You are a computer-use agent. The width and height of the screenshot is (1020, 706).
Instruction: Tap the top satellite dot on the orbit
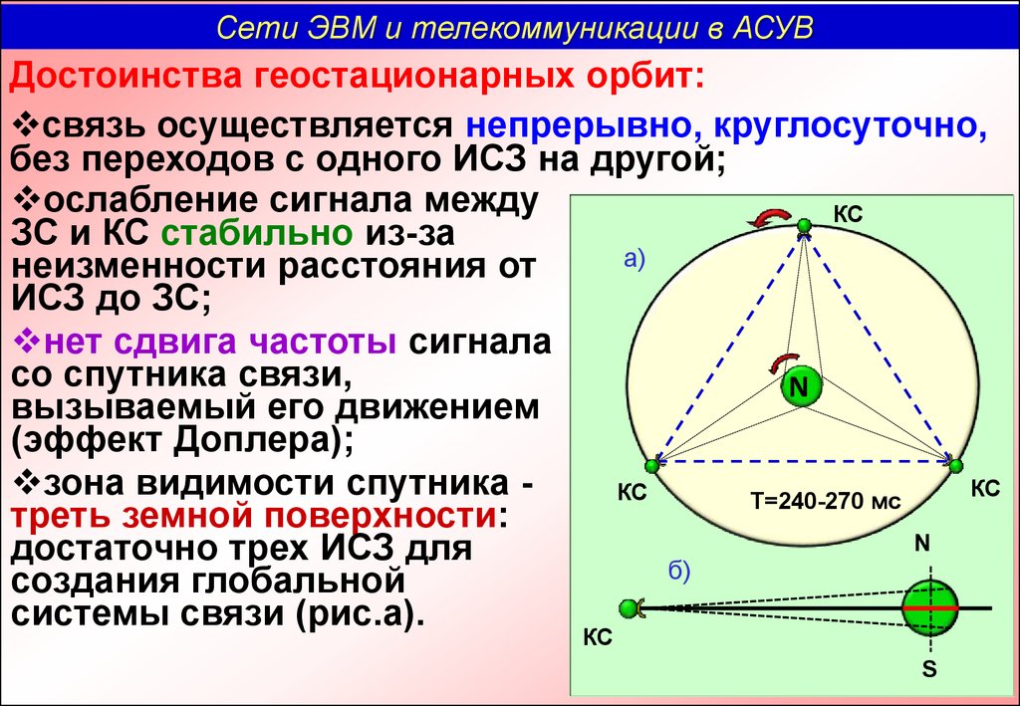tap(805, 226)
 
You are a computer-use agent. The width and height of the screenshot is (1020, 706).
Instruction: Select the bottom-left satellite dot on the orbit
tap(651, 465)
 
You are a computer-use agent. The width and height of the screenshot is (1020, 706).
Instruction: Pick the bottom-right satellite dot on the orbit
tap(955, 465)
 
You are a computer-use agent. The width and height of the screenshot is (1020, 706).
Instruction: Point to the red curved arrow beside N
tap(783, 362)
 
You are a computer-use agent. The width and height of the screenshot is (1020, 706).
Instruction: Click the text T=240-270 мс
tap(826, 501)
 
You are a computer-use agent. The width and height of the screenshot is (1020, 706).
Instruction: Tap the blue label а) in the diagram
tap(634, 259)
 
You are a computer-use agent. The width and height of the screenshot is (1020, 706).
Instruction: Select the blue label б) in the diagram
tap(679, 571)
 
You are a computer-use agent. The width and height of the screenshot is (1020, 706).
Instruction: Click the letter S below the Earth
tap(929, 668)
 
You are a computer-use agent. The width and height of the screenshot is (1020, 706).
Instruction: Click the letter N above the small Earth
tap(922, 544)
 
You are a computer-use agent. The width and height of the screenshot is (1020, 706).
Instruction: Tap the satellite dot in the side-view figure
tap(630, 608)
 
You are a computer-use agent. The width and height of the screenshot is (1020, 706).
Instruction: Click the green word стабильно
tap(257, 233)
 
